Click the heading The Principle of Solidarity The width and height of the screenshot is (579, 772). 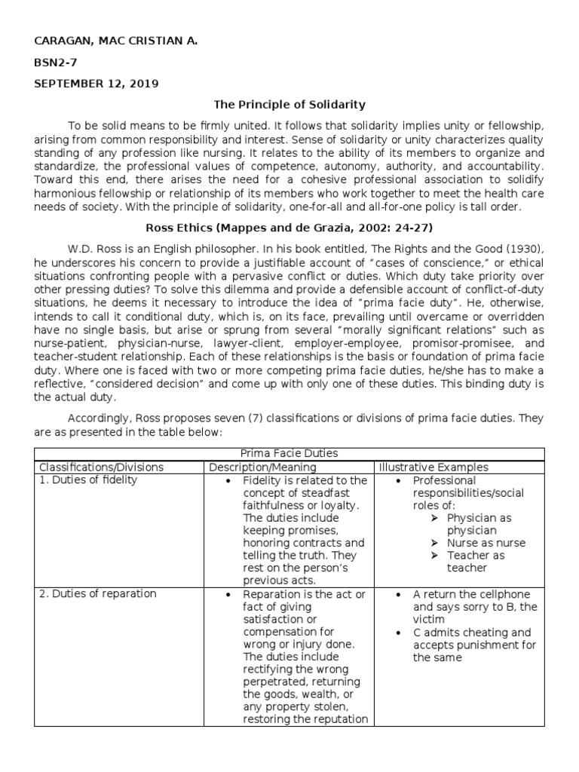(289, 104)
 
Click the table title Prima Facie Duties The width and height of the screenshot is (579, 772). (289, 453)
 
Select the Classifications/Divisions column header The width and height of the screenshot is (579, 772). (101, 467)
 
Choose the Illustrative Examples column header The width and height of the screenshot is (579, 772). (433, 467)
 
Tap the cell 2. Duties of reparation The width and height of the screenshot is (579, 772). (97, 593)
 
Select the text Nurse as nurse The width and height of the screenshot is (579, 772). (486, 543)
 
